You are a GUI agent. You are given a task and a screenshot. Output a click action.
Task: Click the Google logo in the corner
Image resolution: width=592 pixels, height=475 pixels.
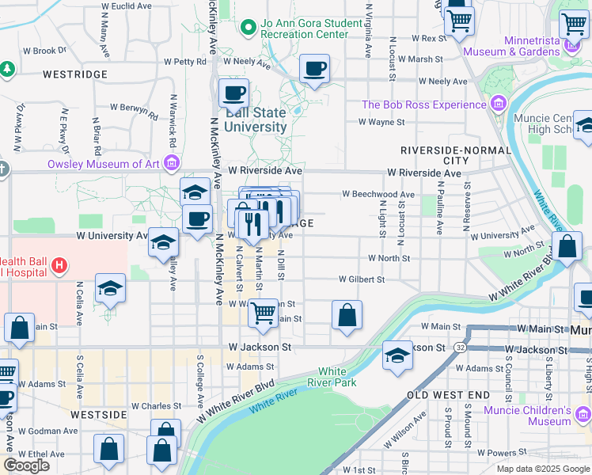point(26,465)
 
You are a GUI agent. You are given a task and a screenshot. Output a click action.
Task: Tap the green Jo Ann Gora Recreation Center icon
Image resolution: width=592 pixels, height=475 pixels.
point(249,28)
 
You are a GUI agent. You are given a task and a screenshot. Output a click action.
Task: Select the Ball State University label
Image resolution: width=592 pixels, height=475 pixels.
point(256,120)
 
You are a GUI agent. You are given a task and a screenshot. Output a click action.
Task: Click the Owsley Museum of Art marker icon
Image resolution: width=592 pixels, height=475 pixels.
point(171,165)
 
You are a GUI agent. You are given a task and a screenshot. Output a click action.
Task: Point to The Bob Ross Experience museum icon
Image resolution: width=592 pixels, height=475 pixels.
point(498,104)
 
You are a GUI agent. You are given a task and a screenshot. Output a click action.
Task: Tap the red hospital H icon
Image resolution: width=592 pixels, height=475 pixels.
point(59,266)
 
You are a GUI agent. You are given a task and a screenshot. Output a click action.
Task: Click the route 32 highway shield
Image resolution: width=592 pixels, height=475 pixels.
point(460,348)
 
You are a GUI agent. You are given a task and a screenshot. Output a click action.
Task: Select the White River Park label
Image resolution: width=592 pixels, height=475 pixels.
point(336,377)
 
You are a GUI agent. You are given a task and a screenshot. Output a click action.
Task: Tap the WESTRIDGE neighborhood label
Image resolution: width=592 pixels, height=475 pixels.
point(74,74)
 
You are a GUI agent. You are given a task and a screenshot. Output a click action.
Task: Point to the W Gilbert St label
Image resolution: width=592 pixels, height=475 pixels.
point(362,279)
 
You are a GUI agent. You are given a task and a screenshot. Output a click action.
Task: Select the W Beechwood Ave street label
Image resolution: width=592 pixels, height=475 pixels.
point(378,194)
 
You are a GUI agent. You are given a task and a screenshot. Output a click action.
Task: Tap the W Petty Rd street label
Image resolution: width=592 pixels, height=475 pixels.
point(184,61)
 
